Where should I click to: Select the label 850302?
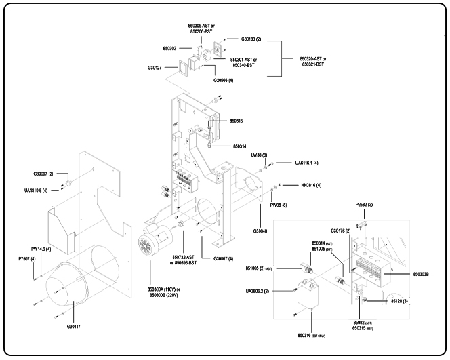tap(171, 49)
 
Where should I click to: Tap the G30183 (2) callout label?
tap(250, 39)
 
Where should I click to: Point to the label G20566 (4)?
tap(224, 80)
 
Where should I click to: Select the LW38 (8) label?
tap(260, 155)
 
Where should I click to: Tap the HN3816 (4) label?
tap(310, 185)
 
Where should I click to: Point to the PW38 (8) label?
tap(279, 204)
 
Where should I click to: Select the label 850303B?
tap(425, 273)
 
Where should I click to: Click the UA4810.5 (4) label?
tap(36, 191)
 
